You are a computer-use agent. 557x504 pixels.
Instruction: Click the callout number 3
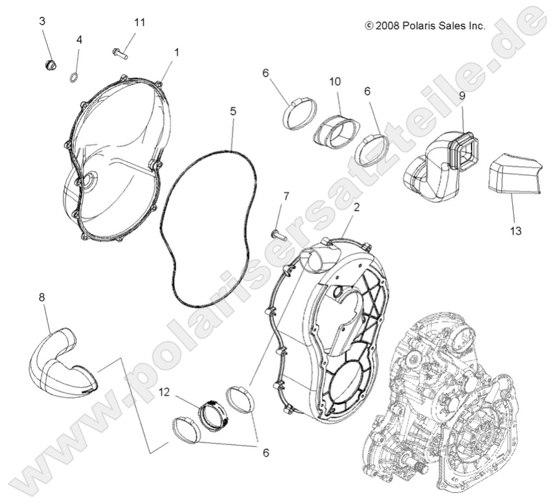point(43,21)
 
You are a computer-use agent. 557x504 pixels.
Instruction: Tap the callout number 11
point(140,22)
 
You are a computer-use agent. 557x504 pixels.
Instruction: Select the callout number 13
point(516,231)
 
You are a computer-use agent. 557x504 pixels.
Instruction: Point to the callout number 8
point(42,280)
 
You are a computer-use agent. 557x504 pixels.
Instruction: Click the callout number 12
point(165,392)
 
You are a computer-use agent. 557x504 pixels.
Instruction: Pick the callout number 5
point(233,111)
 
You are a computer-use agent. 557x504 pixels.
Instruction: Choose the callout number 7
point(286,196)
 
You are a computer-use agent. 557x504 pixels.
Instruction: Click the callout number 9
point(462,96)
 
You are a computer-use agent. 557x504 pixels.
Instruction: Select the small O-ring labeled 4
point(74,78)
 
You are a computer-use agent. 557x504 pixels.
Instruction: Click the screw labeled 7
point(277,234)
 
